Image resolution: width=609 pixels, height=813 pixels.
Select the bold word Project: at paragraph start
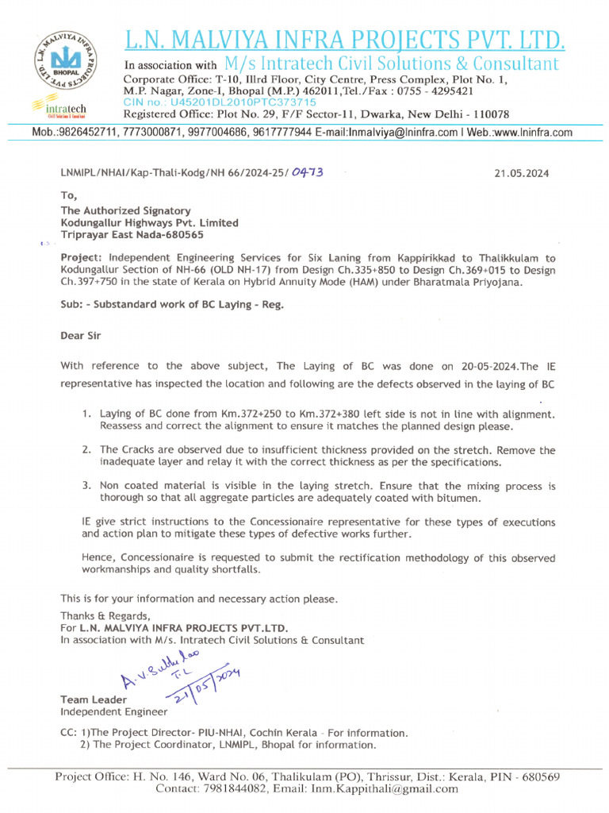tap(82, 258)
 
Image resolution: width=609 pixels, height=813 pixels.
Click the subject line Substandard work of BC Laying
tap(188, 304)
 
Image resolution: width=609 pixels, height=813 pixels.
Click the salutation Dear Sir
tap(81, 335)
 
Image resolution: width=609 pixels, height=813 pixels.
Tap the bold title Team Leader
tap(93, 699)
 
